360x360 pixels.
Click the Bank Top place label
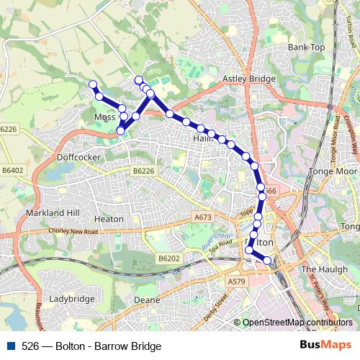click(307, 48)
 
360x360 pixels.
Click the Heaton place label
click(109, 218)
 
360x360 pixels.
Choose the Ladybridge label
click(73, 298)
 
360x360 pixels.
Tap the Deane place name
click(145, 299)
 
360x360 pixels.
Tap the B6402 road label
click(13, 171)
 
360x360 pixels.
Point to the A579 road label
click(235, 282)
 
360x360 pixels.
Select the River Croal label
click(216, 240)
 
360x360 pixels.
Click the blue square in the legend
click(10, 346)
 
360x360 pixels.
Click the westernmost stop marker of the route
click(92, 85)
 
